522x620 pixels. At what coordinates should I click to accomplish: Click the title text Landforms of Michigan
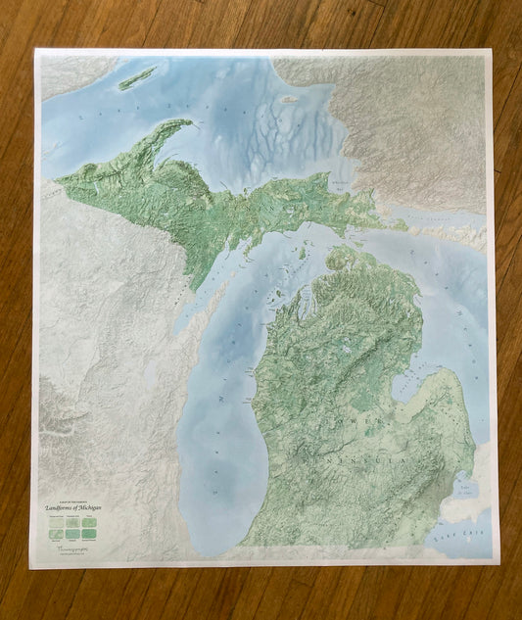coord(73,506)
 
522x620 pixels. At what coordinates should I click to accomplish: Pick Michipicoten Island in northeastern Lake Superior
coord(290,99)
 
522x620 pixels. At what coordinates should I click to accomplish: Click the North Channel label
coord(431,212)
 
